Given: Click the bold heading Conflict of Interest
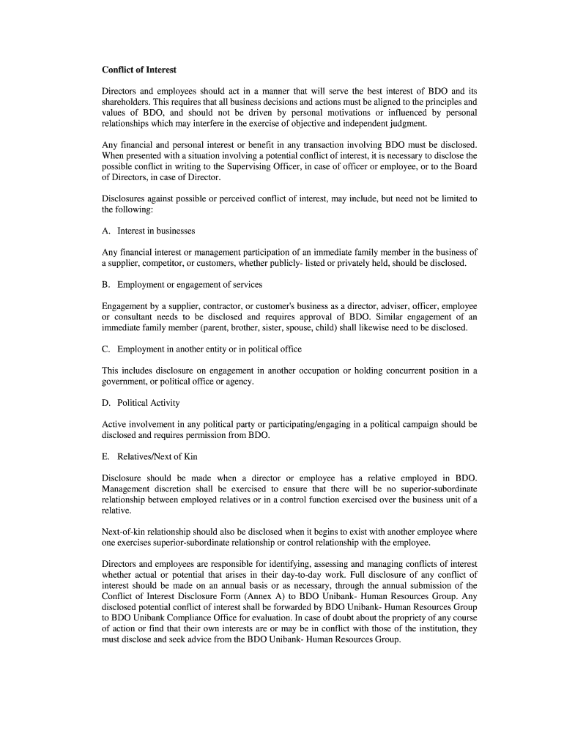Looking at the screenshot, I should tap(139, 70).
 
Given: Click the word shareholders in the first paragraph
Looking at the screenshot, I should tap(126, 102).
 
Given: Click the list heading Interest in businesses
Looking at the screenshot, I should tap(156, 231).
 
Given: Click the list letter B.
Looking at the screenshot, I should tap(105, 284).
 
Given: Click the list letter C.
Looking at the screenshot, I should tap(105, 349).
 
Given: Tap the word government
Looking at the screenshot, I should tap(126, 382).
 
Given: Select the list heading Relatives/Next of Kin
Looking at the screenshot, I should tap(157, 456).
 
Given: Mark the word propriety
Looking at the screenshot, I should tap(400, 617).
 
